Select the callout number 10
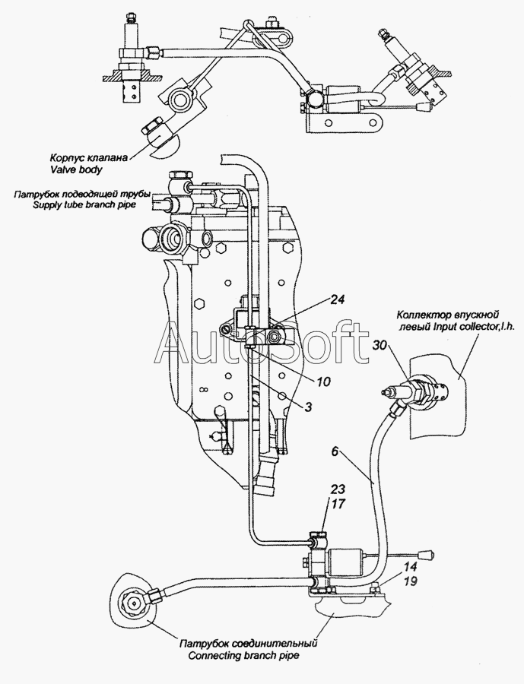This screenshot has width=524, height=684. click(323, 381)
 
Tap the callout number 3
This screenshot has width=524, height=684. click(308, 408)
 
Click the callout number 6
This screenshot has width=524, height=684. click(335, 451)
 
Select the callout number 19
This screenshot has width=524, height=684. click(409, 581)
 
